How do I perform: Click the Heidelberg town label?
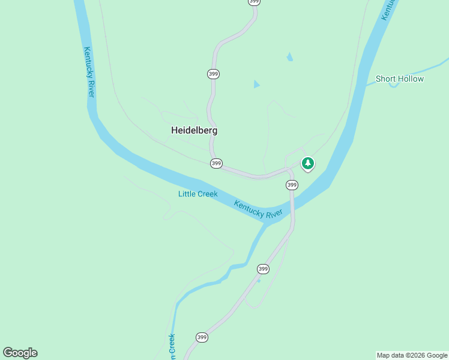[194, 130]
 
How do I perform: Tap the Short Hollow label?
[399, 79]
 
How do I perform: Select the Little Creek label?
[197, 194]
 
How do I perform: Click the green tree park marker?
[307, 163]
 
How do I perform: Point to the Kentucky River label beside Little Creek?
[258, 209]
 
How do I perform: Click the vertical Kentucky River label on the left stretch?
[89, 72]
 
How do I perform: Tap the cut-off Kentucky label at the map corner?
[391, 8]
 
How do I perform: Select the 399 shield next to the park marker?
[292, 185]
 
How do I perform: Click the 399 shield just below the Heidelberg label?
[216, 163]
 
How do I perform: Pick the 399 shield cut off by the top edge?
[254, 2]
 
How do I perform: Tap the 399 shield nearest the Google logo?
[202, 338]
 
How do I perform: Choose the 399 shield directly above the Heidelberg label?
[213, 74]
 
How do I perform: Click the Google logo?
[20, 353]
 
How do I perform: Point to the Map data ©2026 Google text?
[412, 355]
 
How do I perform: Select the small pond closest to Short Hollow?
[290, 57]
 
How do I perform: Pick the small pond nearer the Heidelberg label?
[257, 84]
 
